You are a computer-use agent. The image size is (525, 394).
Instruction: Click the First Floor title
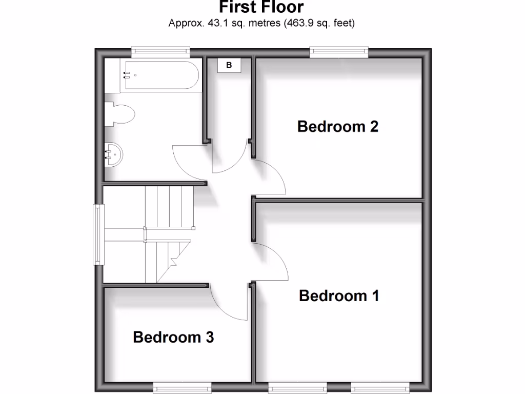click(261, 7)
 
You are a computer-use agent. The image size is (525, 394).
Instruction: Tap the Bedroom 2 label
click(338, 126)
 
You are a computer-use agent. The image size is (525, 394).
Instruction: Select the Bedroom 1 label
click(339, 296)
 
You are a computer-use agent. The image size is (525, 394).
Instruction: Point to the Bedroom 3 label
click(173, 337)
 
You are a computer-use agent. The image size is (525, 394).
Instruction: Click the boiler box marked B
click(229, 65)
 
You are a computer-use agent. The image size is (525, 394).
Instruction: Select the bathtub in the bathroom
click(160, 75)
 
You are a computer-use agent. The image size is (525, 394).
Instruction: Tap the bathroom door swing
click(190, 162)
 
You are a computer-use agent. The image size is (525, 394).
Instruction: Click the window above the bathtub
click(160, 50)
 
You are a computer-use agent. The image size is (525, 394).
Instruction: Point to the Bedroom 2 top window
click(339, 50)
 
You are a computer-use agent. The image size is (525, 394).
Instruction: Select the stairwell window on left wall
click(97, 234)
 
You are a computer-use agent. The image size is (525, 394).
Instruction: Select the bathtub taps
click(126, 75)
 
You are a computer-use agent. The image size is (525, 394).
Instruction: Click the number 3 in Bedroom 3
click(209, 337)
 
